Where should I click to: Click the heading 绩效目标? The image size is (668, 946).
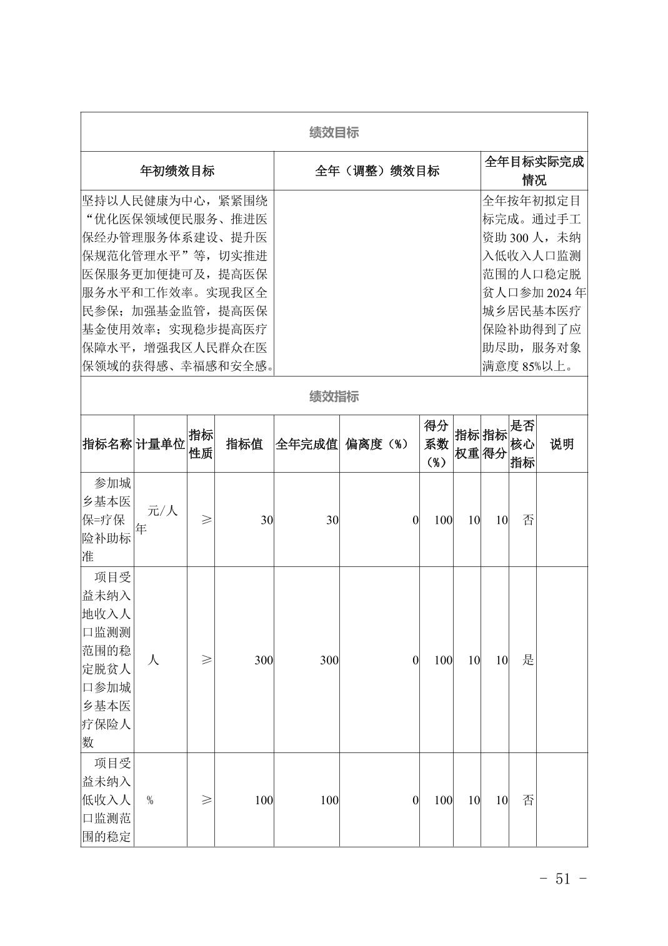point(334,132)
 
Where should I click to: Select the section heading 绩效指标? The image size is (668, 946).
point(334,397)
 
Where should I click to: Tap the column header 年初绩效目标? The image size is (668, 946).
point(177,171)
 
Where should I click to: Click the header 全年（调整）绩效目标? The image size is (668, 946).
point(377,171)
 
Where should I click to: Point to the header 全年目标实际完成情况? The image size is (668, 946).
point(534,170)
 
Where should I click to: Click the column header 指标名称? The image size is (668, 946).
point(107,444)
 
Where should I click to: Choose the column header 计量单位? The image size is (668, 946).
point(161,444)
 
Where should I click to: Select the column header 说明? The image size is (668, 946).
point(561,444)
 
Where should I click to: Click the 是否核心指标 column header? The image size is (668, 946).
point(522,444)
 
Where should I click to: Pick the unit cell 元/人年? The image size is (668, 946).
point(157,520)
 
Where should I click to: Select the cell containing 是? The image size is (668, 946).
point(528,660)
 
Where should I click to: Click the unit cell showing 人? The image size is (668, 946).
point(153,659)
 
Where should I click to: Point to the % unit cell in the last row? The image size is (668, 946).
point(150,801)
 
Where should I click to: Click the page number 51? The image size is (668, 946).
point(562,879)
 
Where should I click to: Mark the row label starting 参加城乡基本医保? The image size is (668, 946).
point(107,520)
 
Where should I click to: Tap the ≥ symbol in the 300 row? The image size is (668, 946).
point(206,660)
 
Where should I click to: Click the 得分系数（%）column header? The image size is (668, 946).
point(436,444)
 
